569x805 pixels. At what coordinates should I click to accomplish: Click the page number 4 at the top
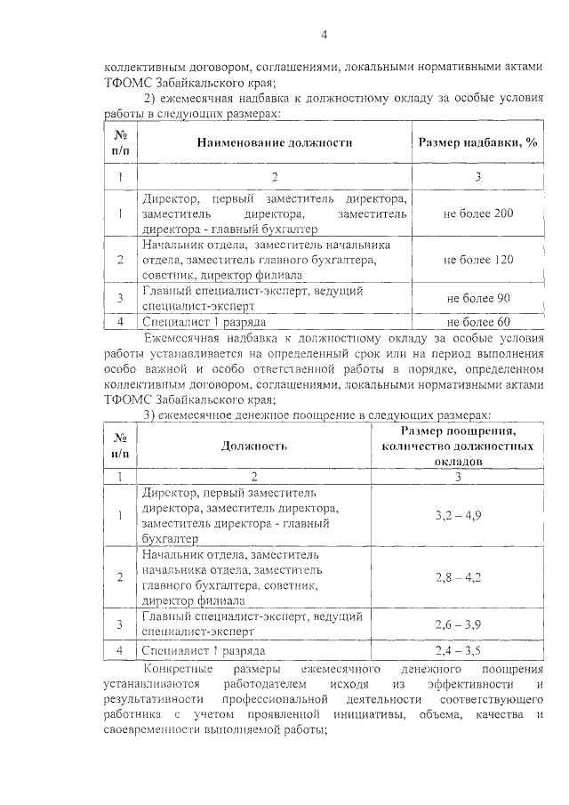(x=324, y=34)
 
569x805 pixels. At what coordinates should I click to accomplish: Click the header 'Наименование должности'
(x=275, y=142)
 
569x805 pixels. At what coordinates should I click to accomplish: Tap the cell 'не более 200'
(x=478, y=214)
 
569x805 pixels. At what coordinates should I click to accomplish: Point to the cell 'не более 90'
(x=478, y=297)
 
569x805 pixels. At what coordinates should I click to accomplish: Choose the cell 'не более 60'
(x=478, y=321)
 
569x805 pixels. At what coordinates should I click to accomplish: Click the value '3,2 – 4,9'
(x=458, y=514)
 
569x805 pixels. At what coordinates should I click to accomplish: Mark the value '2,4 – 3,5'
(x=458, y=650)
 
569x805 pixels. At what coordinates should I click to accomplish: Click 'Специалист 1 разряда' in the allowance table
(x=204, y=321)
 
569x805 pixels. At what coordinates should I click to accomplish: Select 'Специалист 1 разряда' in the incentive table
(x=204, y=650)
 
